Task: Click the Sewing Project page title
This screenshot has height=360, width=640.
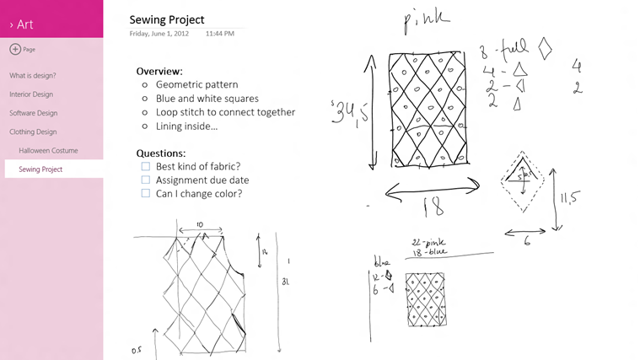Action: click(x=168, y=19)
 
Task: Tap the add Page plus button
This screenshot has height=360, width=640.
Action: click(x=15, y=49)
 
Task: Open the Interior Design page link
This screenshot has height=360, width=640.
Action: click(x=31, y=94)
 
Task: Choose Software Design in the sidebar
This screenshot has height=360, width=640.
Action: click(x=33, y=113)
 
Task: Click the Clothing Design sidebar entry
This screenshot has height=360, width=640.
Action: click(x=33, y=132)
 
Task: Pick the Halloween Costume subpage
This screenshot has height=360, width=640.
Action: click(x=48, y=150)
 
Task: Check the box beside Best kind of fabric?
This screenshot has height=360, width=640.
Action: click(x=146, y=166)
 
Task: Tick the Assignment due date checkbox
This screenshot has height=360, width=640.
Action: click(x=146, y=180)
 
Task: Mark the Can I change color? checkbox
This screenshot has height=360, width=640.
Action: click(x=146, y=193)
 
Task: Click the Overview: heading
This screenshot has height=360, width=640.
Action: click(x=159, y=72)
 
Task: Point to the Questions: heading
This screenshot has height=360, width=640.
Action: click(x=161, y=153)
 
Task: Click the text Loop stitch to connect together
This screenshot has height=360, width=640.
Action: click(x=225, y=112)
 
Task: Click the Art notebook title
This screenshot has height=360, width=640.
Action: click(x=24, y=24)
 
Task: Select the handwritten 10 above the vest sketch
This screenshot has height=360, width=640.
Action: click(x=200, y=225)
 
